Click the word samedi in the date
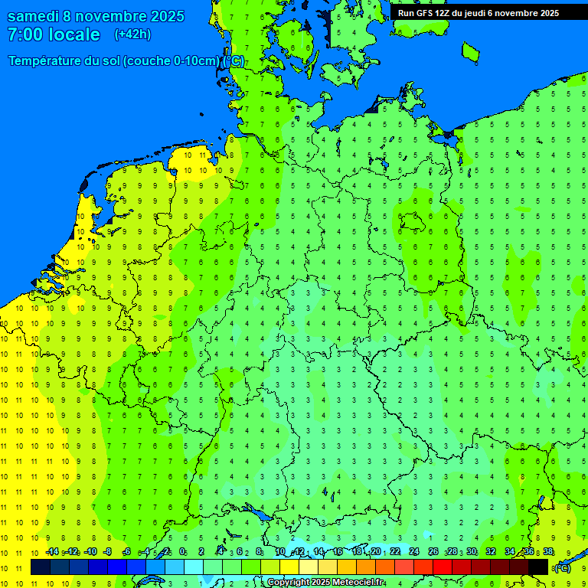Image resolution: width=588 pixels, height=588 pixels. [34, 16]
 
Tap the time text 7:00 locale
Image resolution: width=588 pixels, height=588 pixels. [54, 34]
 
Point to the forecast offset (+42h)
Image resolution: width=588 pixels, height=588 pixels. [132, 34]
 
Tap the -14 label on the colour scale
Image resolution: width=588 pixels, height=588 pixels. [53, 552]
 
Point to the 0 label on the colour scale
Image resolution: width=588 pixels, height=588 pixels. [182, 552]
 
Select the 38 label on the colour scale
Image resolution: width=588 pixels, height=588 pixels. [548, 552]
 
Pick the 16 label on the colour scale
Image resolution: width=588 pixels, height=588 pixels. [337, 552]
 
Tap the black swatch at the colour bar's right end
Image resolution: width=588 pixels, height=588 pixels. [538, 567]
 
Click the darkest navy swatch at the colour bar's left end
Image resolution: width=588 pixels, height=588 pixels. [40, 567]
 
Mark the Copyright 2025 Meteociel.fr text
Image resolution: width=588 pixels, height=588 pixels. [325, 583]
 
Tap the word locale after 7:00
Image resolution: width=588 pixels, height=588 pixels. [73, 34]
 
